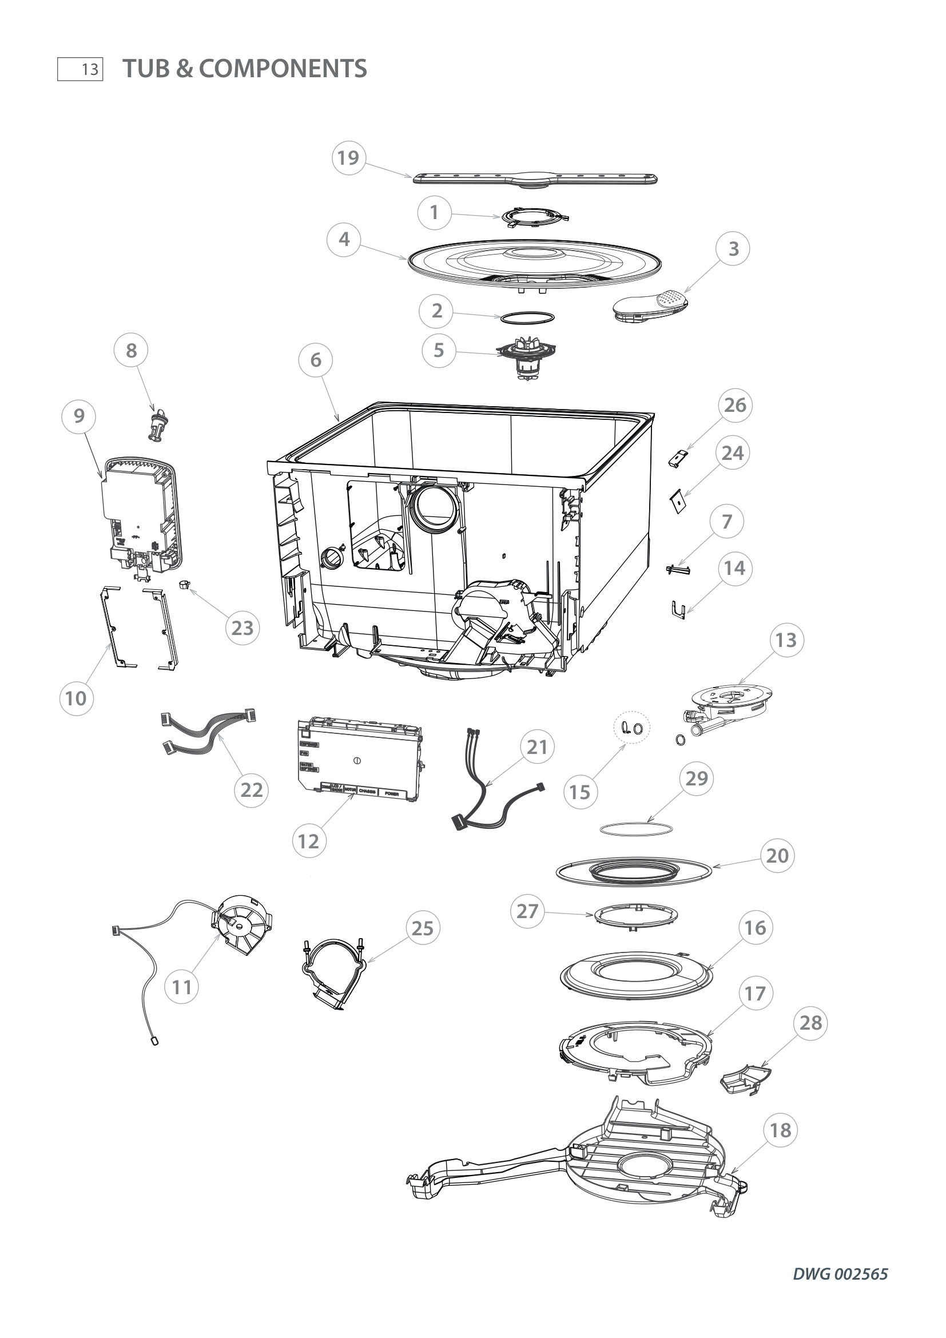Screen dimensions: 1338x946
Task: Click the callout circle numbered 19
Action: [348, 158]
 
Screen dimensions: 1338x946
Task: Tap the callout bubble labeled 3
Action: [733, 249]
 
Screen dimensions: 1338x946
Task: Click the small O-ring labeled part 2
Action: [526, 318]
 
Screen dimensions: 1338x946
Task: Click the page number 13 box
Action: [81, 69]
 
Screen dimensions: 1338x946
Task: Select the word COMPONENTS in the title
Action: [283, 69]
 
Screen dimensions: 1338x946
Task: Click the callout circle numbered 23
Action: [243, 628]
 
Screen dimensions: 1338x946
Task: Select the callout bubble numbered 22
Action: [252, 790]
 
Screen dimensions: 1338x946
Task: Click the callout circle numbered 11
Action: [182, 987]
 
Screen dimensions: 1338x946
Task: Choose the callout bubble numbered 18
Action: [781, 1130]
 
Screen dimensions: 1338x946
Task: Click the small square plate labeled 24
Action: [677, 502]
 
